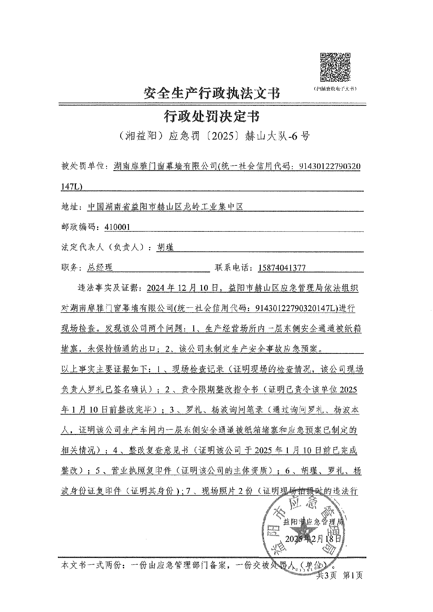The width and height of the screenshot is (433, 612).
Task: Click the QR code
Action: pos(335,67)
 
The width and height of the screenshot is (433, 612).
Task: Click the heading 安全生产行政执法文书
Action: pos(212,94)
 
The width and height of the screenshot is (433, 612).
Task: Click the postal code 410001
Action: pos(117,227)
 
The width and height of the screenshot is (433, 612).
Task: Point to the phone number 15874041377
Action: pos(282,267)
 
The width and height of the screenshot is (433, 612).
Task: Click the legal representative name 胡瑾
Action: pos(165,247)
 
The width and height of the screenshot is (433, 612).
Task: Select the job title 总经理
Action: pos(100,267)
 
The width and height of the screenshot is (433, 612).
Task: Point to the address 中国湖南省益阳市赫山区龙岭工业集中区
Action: pos(165,206)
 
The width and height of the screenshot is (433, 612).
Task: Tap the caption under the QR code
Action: pos(335,89)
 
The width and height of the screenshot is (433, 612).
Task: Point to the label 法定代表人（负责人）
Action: pos(107,247)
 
